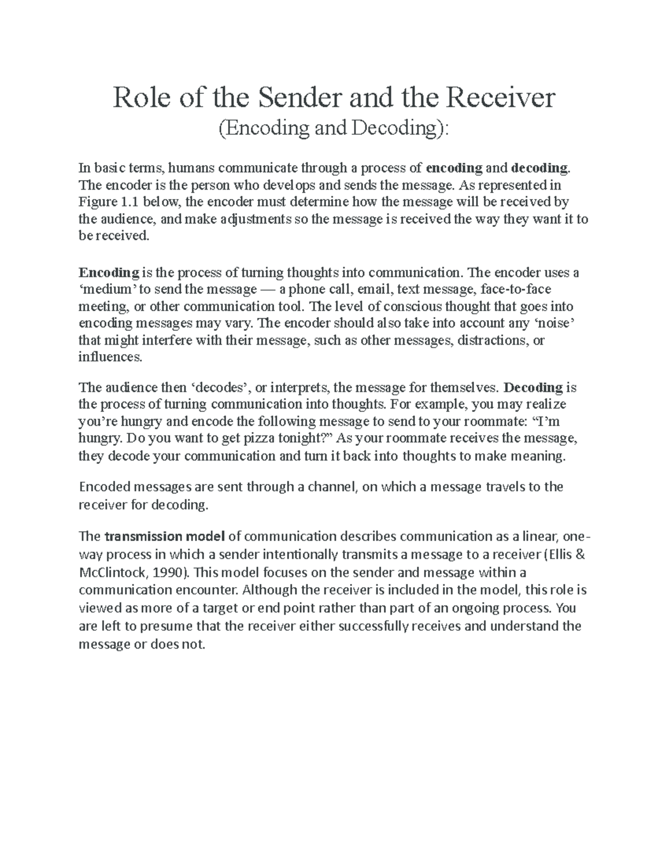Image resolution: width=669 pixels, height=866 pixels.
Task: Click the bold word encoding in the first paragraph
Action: coord(454,168)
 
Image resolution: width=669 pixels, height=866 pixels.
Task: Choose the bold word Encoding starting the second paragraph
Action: coord(109,273)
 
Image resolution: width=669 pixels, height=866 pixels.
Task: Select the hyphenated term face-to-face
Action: coord(515,289)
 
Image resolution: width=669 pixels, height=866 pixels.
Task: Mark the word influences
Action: coord(110,357)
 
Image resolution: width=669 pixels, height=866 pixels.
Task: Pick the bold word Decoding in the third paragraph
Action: coord(533,387)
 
